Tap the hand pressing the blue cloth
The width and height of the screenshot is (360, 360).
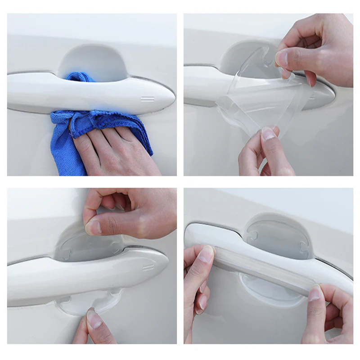click(x=112, y=148)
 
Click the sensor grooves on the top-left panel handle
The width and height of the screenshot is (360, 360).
click(x=147, y=98)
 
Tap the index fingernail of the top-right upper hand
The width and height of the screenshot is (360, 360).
click(x=282, y=58)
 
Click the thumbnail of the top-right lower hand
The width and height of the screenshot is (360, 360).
click(x=269, y=134)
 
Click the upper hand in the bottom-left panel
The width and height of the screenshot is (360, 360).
click(x=130, y=211)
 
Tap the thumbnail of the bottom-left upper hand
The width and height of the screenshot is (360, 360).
click(x=94, y=227)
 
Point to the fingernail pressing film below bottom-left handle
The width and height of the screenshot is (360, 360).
click(x=94, y=319)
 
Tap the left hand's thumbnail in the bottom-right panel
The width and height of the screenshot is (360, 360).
click(x=207, y=254)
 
